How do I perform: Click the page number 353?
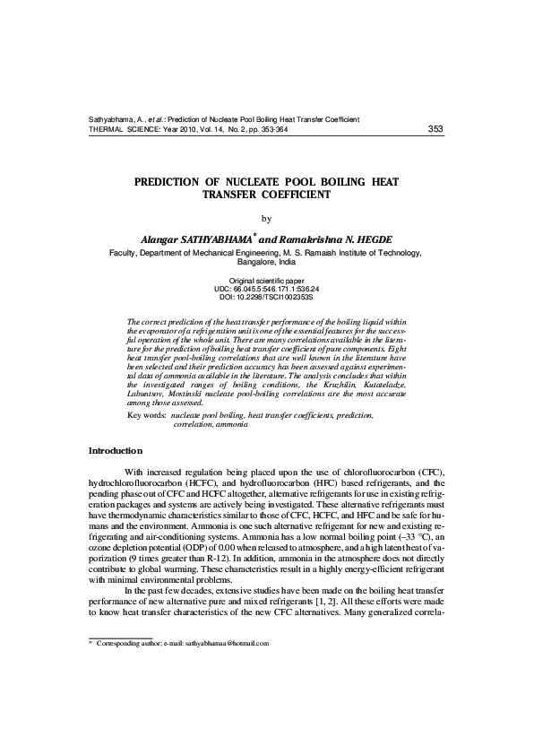pyautogui.click(x=435, y=129)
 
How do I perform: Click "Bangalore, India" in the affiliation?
pyautogui.click(x=266, y=264)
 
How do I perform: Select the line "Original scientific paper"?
pyautogui.click(x=266, y=282)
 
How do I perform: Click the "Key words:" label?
pyautogui.click(x=147, y=416)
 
